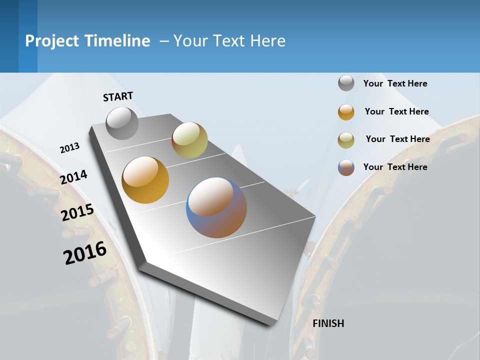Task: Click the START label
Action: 118,96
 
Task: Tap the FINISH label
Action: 328,323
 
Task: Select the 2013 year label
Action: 69,148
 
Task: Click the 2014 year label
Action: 74,177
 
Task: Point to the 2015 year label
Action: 77,212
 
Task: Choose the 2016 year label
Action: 85,252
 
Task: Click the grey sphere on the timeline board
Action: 122,123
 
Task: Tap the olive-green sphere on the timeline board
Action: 189,140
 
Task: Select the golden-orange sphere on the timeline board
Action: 145,180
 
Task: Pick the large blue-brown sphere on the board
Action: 216,207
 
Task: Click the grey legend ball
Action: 346,83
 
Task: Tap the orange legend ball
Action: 346,112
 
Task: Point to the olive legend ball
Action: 346,140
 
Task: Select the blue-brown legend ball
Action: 346,167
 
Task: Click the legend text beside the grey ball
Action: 395,83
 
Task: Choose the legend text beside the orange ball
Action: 396,111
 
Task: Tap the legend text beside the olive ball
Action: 397,139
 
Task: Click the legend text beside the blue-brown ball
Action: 395,167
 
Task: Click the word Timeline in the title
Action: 118,41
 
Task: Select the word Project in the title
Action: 52,41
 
